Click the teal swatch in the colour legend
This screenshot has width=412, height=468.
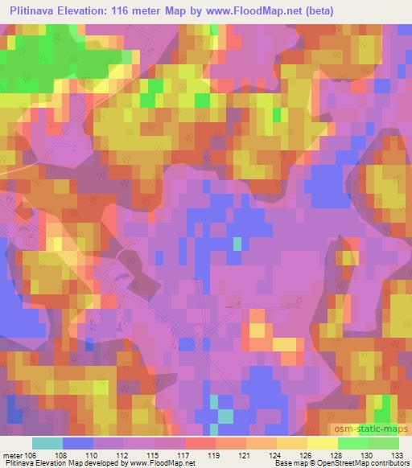point(47,443)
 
